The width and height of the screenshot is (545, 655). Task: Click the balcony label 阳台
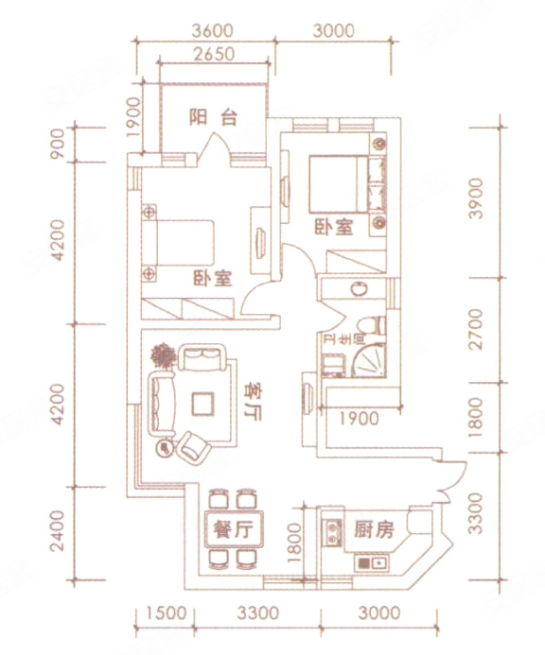[213, 117]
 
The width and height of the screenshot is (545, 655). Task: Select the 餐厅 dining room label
[234, 529]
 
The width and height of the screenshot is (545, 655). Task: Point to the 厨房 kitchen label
[374, 529]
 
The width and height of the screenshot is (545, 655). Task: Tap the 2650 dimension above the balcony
[214, 54]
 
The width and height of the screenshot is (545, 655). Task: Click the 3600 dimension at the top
[212, 31]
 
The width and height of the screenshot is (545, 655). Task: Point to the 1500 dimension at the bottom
[166, 612]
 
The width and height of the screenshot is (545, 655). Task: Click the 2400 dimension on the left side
[58, 531]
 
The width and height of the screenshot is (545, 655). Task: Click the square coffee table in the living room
[202, 404]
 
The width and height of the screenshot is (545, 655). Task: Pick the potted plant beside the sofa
[163, 356]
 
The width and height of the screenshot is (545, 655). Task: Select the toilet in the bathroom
[372, 326]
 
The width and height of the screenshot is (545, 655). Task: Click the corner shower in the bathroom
[369, 360]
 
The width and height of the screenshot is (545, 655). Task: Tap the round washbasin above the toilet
[359, 288]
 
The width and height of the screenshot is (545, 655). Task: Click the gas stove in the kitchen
[332, 532]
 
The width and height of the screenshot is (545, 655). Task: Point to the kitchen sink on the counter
[372, 563]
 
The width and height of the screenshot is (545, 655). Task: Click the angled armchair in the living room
[194, 448]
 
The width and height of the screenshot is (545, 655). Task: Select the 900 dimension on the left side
[58, 144]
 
